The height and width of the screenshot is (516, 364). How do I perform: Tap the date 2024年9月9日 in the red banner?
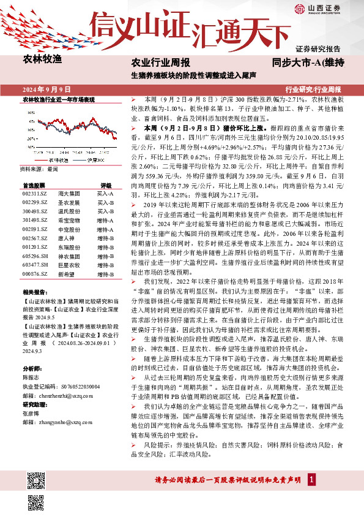click(47, 89)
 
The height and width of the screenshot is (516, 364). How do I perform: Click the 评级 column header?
click(106, 184)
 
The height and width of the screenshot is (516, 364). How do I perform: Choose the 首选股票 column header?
click(33, 184)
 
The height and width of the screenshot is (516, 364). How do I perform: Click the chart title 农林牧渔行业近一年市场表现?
click(58, 99)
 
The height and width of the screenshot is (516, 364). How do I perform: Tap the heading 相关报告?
click(32, 292)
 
